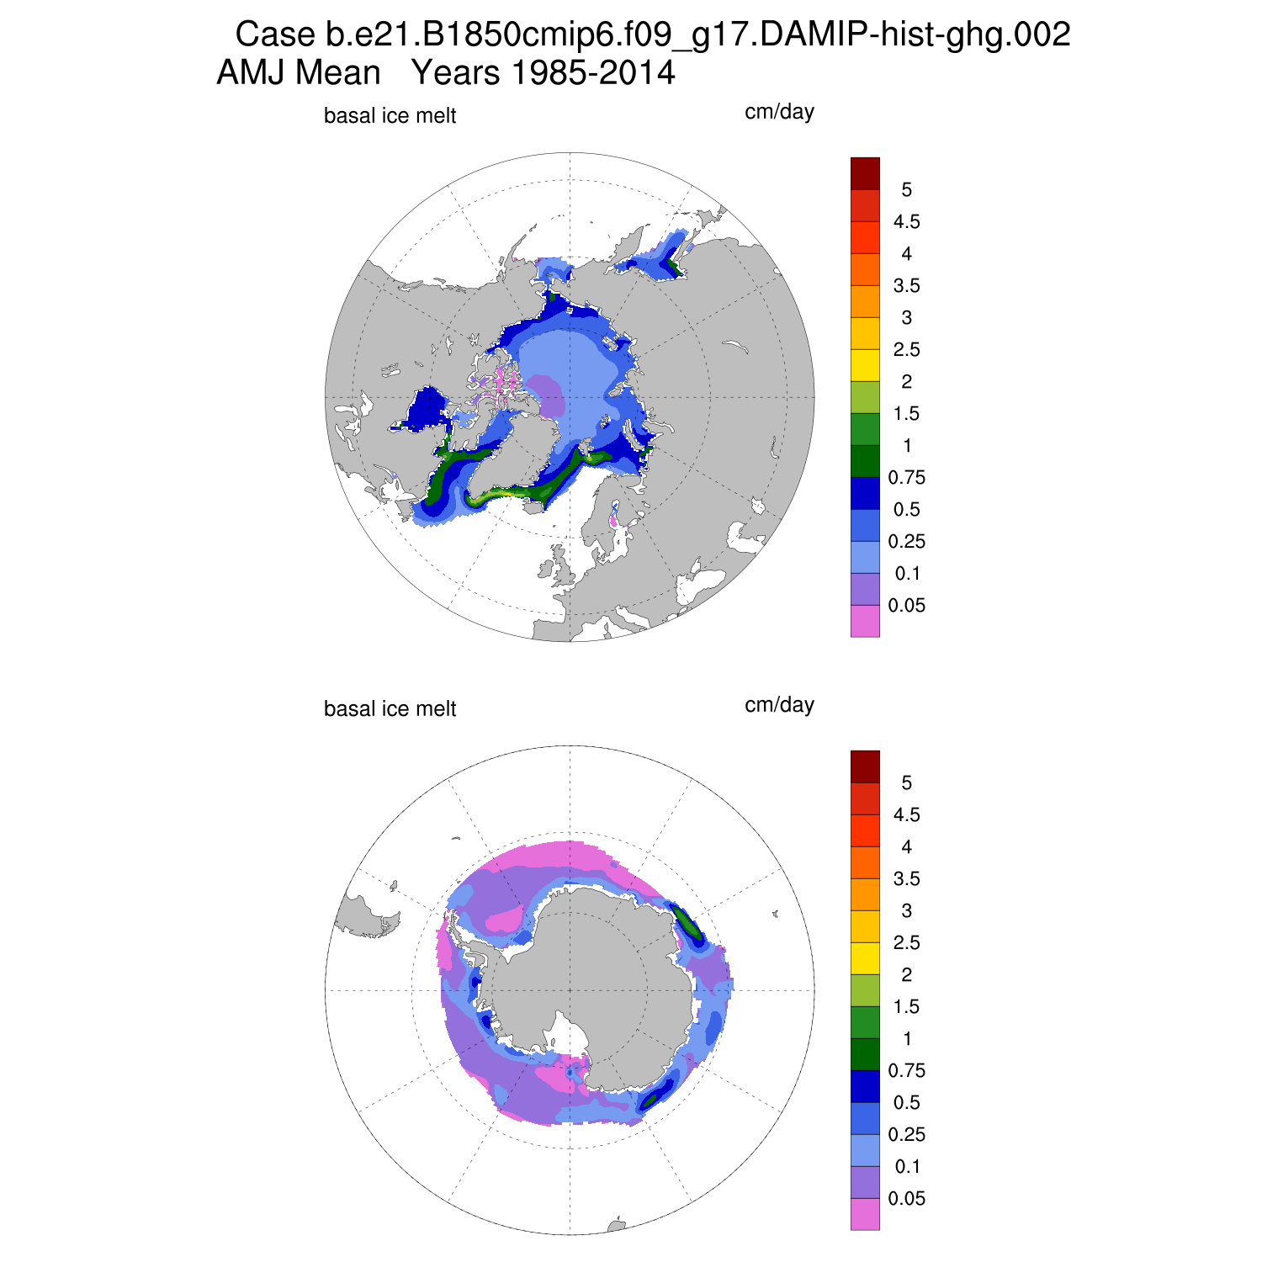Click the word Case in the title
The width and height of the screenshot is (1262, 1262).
[274, 35]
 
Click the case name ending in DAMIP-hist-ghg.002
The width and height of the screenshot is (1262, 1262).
[697, 35]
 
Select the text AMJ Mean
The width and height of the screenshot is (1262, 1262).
[299, 73]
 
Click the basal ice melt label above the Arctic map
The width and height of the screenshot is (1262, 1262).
[390, 116]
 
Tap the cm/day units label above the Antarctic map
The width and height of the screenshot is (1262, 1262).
[779, 704]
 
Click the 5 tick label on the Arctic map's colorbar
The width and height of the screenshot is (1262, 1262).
[906, 190]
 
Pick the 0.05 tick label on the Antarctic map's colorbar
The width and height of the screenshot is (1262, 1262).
[906, 1199]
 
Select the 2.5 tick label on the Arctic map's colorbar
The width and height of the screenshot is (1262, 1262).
[906, 350]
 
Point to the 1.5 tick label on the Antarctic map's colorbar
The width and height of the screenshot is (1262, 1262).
[906, 1007]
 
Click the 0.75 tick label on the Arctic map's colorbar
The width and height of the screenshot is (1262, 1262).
[906, 478]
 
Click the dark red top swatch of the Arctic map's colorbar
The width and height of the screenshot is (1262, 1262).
[865, 173]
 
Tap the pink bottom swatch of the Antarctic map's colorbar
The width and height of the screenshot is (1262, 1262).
[865, 1214]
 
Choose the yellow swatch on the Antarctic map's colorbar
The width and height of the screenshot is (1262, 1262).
[865, 958]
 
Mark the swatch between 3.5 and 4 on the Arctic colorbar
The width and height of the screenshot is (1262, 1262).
[865, 269]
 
